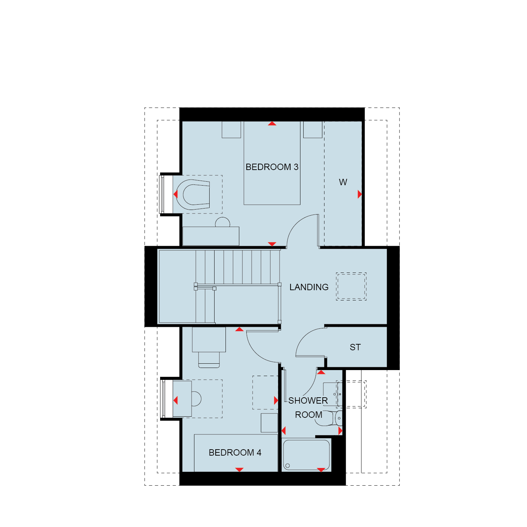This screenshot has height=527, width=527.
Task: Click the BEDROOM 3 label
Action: click(272, 167)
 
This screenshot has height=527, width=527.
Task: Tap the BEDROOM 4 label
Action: click(235, 452)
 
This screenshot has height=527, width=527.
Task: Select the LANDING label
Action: click(309, 287)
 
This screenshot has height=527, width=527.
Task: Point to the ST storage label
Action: click(355, 347)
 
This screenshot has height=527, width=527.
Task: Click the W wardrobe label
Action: click(343, 182)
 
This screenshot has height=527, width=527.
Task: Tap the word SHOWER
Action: click(308, 400)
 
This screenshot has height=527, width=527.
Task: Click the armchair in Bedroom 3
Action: click(193, 194)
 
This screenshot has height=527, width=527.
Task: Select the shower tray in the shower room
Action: click(306, 455)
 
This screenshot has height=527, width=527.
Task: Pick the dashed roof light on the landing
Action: click(351, 286)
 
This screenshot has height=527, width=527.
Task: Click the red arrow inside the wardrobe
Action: click(359, 194)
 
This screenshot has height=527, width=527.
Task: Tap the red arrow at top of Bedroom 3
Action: click(272, 123)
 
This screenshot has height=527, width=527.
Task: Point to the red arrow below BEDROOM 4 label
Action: click(239, 469)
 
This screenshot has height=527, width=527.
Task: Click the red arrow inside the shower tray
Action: click(321, 470)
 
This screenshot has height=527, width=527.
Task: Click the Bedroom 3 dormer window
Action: click(163, 194)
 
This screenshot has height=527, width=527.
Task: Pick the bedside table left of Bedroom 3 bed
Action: click(231, 129)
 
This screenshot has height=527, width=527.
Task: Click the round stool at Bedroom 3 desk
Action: click(223, 222)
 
